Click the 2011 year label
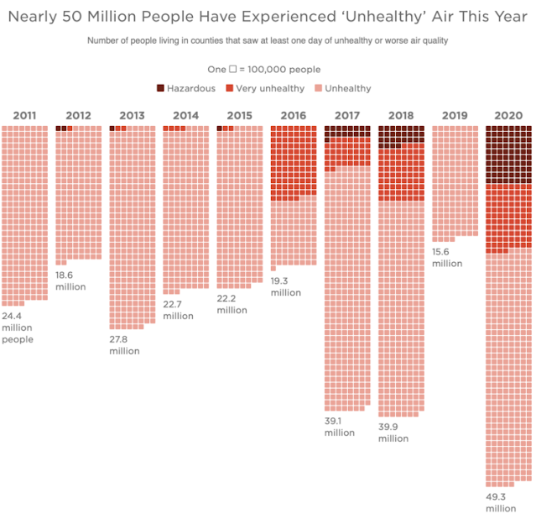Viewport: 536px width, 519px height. [x=24, y=116]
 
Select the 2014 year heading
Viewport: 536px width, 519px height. [x=185, y=116]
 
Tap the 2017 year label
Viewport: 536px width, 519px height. [x=347, y=116]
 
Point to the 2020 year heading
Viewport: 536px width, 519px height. [x=508, y=116]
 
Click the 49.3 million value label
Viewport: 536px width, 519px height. [x=502, y=502]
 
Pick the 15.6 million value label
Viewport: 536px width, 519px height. [x=447, y=257]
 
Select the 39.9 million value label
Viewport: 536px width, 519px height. [x=393, y=432]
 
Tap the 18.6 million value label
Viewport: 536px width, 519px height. [x=70, y=280]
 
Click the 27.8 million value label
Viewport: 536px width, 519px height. [x=124, y=344]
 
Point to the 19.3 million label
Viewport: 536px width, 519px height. [x=285, y=286]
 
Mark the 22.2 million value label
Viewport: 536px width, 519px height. [x=232, y=304]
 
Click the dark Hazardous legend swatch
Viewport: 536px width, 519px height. [x=160, y=88]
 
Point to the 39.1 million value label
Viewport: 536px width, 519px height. [x=340, y=427]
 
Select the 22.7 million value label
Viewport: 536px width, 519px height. [x=178, y=310]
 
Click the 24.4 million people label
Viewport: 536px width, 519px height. [x=17, y=328]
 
